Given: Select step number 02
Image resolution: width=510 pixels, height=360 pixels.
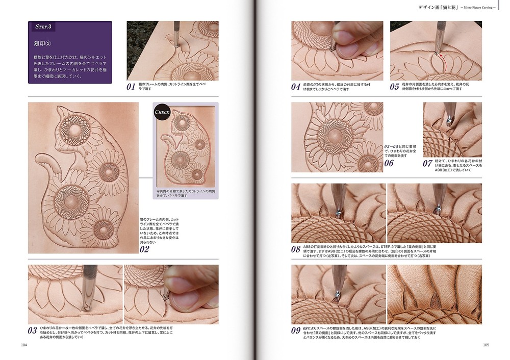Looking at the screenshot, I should coord(144,249).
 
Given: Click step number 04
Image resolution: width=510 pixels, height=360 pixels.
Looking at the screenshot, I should coord(296,87).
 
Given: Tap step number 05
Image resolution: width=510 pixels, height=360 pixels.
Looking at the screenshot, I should coord(395,87).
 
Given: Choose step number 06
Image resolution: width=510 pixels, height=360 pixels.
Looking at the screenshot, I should coord(389,163).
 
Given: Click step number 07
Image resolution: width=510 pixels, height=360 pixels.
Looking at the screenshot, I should coord(427,164).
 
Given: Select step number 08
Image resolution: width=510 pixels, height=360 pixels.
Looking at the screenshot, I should coord(296,250).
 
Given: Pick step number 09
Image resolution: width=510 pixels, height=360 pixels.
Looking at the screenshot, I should coord(296,330).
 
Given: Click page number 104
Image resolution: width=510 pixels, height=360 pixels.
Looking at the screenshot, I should coord(24,345).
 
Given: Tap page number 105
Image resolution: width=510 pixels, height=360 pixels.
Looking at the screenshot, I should coord(486,345).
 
